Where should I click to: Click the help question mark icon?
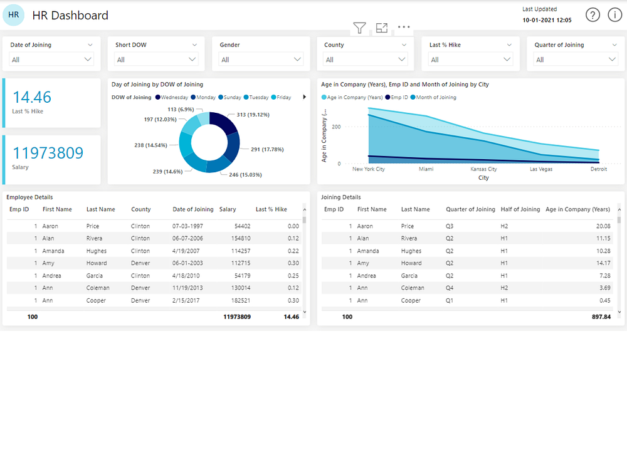593,15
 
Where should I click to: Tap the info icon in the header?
614,15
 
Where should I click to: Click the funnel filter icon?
359,28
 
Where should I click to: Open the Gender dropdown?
261,60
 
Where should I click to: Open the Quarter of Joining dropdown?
576,60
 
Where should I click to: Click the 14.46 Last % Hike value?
32,97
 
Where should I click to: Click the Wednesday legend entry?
174,97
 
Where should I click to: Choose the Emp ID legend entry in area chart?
399,97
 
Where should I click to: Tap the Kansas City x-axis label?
483,169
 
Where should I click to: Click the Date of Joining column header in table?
193,209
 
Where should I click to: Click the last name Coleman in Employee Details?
98,288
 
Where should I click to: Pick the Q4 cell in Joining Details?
450,288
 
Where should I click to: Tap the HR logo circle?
14,15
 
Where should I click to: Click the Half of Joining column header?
520,209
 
